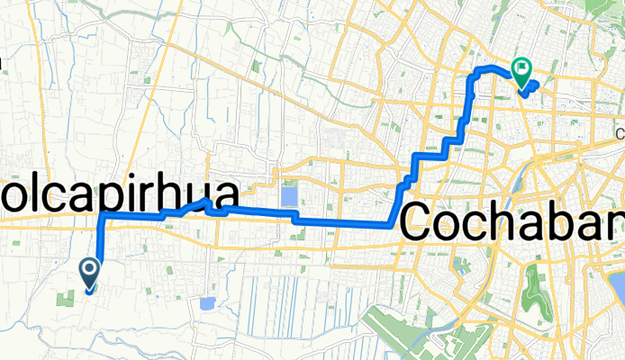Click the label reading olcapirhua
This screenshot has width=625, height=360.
121,197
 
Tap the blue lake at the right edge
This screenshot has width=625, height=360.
618,288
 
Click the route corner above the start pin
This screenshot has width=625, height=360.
102,217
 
